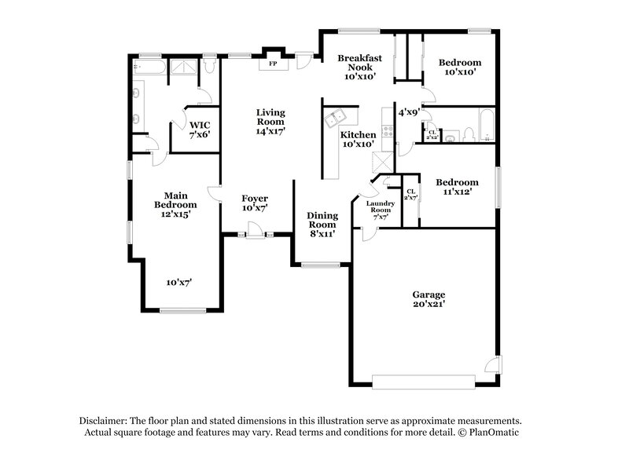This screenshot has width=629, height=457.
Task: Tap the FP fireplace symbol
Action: [x=274, y=63]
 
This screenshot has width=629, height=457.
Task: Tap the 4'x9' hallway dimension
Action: [x=408, y=112]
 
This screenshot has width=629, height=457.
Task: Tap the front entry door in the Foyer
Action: [x=253, y=231]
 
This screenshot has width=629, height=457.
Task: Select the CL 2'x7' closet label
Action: [x=410, y=194]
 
